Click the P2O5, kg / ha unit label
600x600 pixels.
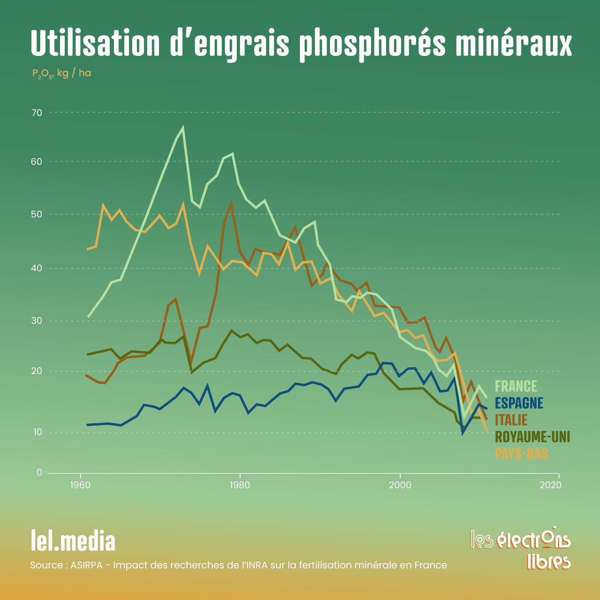point(62,73)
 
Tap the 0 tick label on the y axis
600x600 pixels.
point(39,472)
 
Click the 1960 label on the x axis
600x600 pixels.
point(80,485)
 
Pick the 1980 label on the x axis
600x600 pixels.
point(240,485)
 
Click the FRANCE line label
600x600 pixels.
point(516,386)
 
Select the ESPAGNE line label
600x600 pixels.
point(519,403)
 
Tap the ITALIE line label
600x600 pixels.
point(511,420)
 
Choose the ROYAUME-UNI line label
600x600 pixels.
point(532,437)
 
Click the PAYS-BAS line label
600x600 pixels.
point(521,454)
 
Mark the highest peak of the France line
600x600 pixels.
point(183,127)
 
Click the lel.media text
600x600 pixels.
point(73,542)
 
